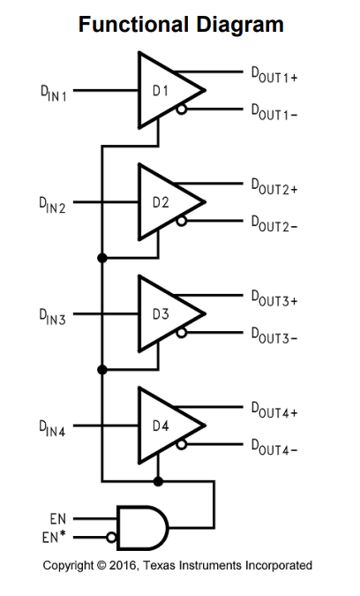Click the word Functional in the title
click(x=133, y=25)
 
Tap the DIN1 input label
click(x=54, y=93)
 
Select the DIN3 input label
click(x=52, y=317)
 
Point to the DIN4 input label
click(x=52, y=428)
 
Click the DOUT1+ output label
click(x=274, y=75)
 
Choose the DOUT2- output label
click(x=274, y=224)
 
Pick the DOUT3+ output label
click(x=274, y=298)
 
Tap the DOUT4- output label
click(x=274, y=448)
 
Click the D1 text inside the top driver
click(x=161, y=91)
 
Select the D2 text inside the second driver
click(x=161, y=202)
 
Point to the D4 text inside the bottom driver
click(x=161, y=426)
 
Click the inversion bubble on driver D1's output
click(x=182, y=109)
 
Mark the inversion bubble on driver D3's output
click(x=182, y=333)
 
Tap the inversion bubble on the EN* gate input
click(x=111, y=538)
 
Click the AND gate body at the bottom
click(x=142, y=528)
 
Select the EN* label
click(x=54, y=538)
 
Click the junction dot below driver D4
click(x=158, y=481)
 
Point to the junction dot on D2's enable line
click(x=102, y=258)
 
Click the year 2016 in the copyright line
click(x=121, y=566)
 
